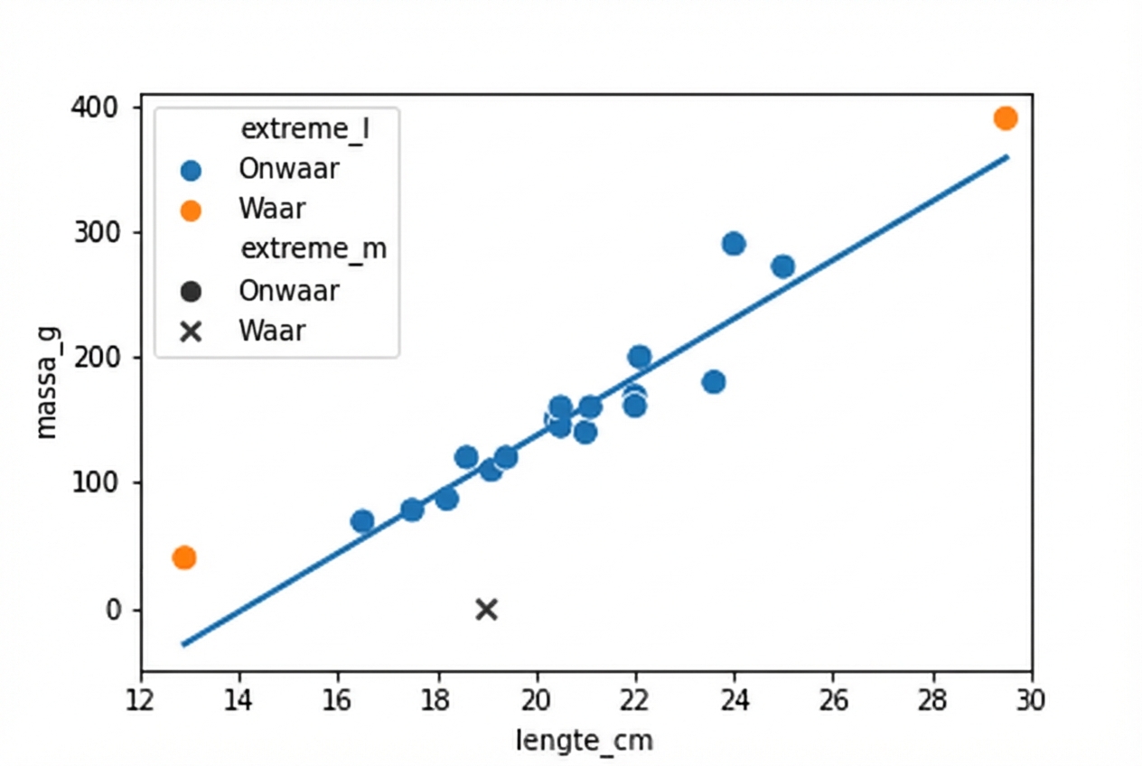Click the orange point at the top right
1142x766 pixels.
(x=1006, y=118)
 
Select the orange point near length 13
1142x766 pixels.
(x=184, y=557)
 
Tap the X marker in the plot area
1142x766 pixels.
(x=486, y=610)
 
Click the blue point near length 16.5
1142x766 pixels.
(x=362, y=521)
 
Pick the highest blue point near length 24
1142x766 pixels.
(x=734, y=244)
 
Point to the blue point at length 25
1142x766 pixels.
(x=783, y=266)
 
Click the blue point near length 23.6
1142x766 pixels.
(x=714, y=382)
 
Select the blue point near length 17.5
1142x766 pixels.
(x=412, y=509)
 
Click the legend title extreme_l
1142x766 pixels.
(x=307, y=129)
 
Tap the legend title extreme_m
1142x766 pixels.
(x=313, y=248)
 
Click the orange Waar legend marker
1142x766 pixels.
(x=191, y=210)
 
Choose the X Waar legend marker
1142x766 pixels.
(x=191, y=332)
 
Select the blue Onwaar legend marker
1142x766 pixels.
(x=191, y=170)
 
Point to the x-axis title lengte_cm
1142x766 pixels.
(x=585, y=741)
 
